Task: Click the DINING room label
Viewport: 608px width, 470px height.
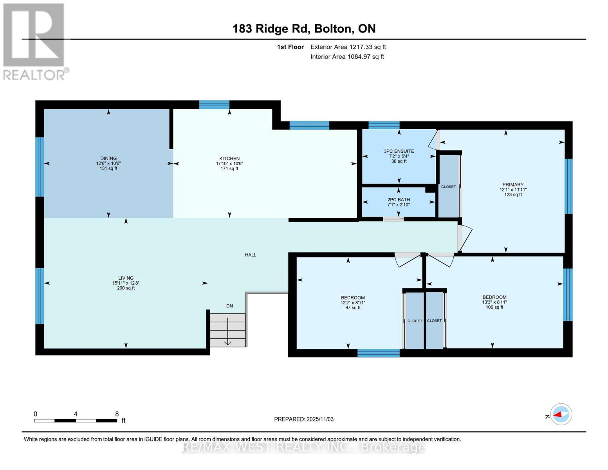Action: pos(108,159)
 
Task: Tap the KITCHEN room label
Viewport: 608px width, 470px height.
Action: pos(229,159)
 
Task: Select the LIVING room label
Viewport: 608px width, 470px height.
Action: pos(126,278)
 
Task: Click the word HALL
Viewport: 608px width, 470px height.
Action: pos(251,255)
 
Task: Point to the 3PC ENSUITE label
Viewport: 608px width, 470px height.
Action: pos(399,151)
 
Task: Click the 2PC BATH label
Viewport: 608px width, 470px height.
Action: pos(399,200)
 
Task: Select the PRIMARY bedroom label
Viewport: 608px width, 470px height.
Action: pos(513,185)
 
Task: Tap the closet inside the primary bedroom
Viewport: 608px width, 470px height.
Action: pos(448,186)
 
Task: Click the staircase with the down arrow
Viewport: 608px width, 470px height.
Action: pos(228,330)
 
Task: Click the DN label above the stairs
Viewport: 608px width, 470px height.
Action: pos(229,306)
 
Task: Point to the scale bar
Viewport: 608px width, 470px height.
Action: pos(76,421)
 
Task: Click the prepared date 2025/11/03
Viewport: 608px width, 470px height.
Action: pos(304,419)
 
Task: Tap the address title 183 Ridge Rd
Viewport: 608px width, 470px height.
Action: pos(304,29)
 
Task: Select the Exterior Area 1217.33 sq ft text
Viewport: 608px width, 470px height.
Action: pos(348,47)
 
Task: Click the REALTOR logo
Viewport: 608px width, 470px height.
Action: pos(34,42)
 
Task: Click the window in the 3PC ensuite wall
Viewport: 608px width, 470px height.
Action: pos(384,125)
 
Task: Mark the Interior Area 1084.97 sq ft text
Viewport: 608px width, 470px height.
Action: pos(347,57)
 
